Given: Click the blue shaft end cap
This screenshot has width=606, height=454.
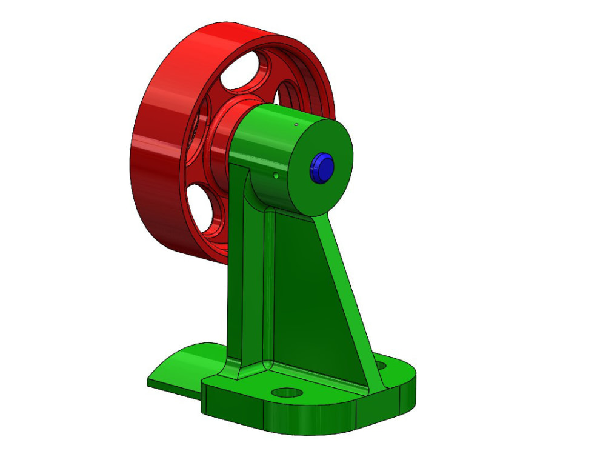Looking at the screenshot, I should tap(321, 167).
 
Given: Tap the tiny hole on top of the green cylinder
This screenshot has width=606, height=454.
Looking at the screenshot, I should tap(295, 125).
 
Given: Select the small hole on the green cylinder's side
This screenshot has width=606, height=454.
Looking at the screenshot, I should tap(276, 176).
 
